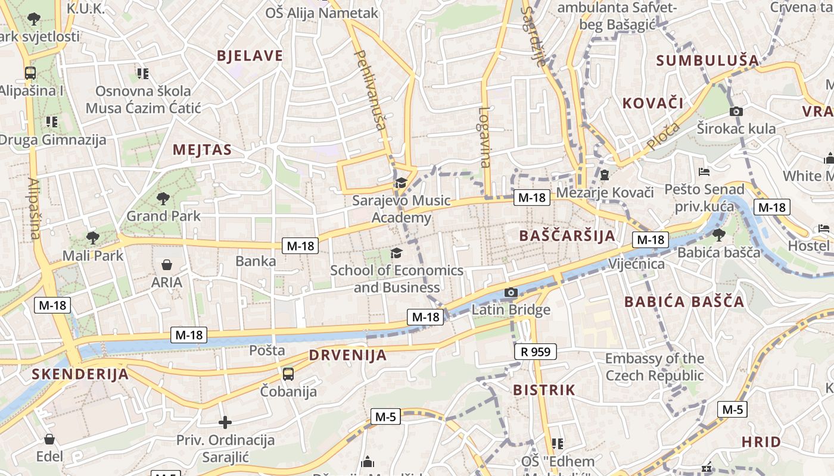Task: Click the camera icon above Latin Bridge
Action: (x=511, y=292)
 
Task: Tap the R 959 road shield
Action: (x=535, y=352)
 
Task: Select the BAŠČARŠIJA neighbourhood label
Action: (x=567, y=236)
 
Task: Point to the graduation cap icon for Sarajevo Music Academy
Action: (x=400, y=183)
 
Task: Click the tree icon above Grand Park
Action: (x=163, y=198)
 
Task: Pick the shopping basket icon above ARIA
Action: (x=167, y=264)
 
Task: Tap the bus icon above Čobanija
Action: (x=288, y=374)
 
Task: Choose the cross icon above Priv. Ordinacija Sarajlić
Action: (x=225, y=422)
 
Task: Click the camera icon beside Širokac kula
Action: (x=736, y=111)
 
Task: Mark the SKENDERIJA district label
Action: (x=80, y=374)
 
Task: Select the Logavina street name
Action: (x=485, y=137)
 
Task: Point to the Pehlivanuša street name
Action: (x=370, y=89)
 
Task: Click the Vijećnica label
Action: (x=636, y=264)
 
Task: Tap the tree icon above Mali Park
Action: (x=92, y=238)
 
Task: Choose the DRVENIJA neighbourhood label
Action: (x=348, y=356)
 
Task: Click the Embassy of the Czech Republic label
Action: (x=655, y=367)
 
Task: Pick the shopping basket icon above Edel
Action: (x=49, y=439)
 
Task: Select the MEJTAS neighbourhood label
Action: (x=202, y=150)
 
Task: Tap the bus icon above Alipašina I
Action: (x=30, y=73)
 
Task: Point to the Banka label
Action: (x=256, y=261)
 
